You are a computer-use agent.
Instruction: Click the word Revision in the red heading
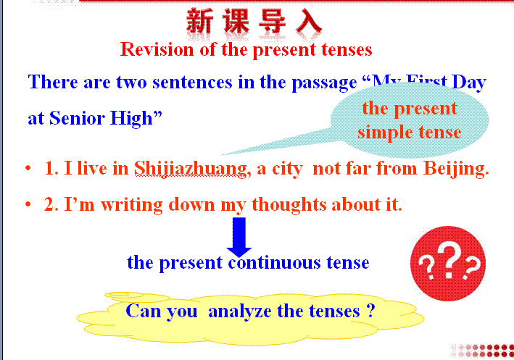[x=157, y=49]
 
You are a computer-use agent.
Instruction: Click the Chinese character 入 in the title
[x=308, y=21]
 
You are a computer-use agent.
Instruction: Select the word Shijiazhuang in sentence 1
[x=191, y=169]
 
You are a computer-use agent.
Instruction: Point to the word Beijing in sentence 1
[x=456, y=169]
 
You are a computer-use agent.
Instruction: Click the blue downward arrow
[x=239, y=237]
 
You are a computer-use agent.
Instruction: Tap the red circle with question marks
[x=448, y=264]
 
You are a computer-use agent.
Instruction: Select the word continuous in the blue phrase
[x=274, y=262]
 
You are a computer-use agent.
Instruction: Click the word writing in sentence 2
[x=131, y=205]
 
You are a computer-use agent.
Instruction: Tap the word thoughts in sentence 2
[x=289, y=205]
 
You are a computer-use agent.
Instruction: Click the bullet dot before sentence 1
[x=28, y=168]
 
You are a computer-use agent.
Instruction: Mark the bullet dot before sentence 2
[x=28, y=204]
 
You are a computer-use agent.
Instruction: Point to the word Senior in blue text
[x=77, y=118]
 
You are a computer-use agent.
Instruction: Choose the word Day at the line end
[x=469, y=83]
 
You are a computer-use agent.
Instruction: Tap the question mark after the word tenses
[x=370, y=310]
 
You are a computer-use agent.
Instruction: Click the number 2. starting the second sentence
[x=51, y=204]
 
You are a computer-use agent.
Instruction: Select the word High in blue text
[x=136, y=119]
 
